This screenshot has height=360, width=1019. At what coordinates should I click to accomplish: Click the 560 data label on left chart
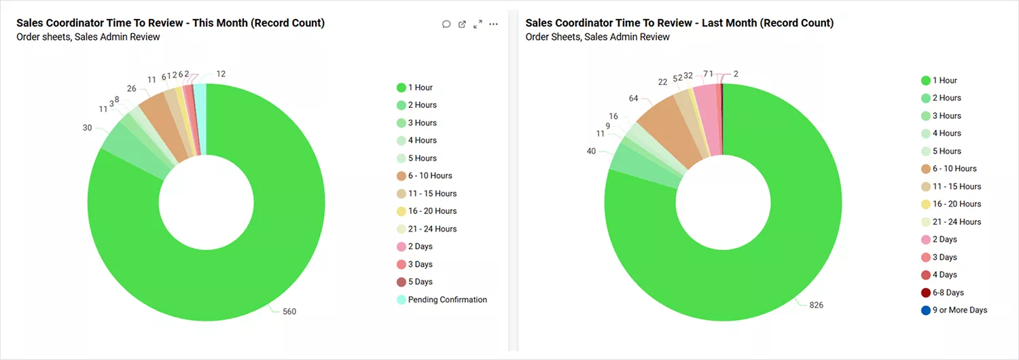click(x=289, y=312)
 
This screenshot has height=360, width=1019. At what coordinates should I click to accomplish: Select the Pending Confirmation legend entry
click(x=447, y=300)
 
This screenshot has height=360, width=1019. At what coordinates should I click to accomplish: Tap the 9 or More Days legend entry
click(x=959, y=310)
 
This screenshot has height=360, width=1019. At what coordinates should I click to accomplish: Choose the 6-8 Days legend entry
click(x=948, y=293)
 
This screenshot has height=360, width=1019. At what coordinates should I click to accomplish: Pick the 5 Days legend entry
click(x=420, y=282)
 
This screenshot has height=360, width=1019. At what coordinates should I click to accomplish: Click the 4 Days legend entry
click(x=944, y=275)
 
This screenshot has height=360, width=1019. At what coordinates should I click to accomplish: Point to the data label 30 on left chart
click(x=87, y=128)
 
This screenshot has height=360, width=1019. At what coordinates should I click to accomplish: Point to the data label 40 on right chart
click(x=591, y=151)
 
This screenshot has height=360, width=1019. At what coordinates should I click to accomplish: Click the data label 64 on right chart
click(x=633, y=98)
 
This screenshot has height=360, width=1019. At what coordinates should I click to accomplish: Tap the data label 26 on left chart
click(x=131, y=89)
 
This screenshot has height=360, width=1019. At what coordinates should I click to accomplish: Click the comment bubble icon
click(x=446, y=24)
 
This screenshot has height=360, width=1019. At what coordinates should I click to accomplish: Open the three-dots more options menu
click(x=494, y=24)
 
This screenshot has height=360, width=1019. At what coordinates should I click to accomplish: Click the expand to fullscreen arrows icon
click(x=478, y=24)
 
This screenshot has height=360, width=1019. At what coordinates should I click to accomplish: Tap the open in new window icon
click(x=462, y=24)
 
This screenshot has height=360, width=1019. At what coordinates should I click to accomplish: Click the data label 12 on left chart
click(x=221, y=73)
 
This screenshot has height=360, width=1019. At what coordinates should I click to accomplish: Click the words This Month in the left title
click(x=218, y=23)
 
